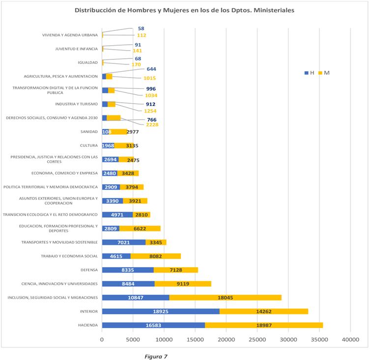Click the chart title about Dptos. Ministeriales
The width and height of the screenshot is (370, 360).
coord(185,10)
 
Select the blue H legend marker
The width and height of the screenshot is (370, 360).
coord(306,73)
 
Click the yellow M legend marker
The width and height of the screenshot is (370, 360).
coord(321,73)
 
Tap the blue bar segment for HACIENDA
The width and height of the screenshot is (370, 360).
coord(153,325)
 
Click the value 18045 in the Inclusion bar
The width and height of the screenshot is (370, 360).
coord(226,298)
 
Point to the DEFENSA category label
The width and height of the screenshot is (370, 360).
coord(89,270)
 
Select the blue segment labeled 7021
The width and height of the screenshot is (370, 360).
coord(124,242)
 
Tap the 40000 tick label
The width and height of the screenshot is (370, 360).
coord(350,339)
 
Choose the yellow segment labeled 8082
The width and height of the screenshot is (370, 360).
coord(156,256)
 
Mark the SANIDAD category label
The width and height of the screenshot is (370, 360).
coord(89,132)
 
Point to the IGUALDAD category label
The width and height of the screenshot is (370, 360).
coord(88,62)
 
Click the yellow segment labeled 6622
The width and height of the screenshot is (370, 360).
coord(140,228)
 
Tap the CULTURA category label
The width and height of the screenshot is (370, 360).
coord(89,145)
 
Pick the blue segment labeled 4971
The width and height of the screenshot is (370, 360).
coord(117,215)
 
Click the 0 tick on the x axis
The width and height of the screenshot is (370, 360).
coord(102,339)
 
